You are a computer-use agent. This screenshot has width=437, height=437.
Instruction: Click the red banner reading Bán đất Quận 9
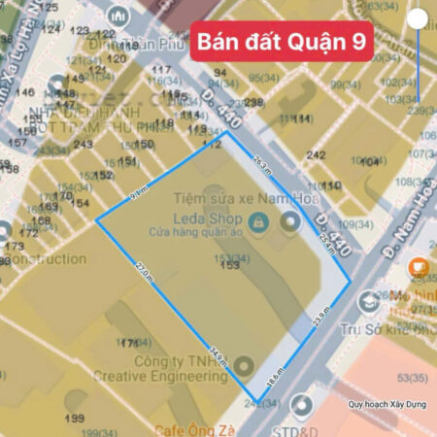(x=281, y=41)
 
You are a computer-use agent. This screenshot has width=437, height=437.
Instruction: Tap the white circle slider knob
(x=418, y=18)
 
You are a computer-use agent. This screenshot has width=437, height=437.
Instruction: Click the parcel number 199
(x=74, y=418)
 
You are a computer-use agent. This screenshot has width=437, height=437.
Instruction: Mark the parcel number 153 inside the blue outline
(x=230, y=264)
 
